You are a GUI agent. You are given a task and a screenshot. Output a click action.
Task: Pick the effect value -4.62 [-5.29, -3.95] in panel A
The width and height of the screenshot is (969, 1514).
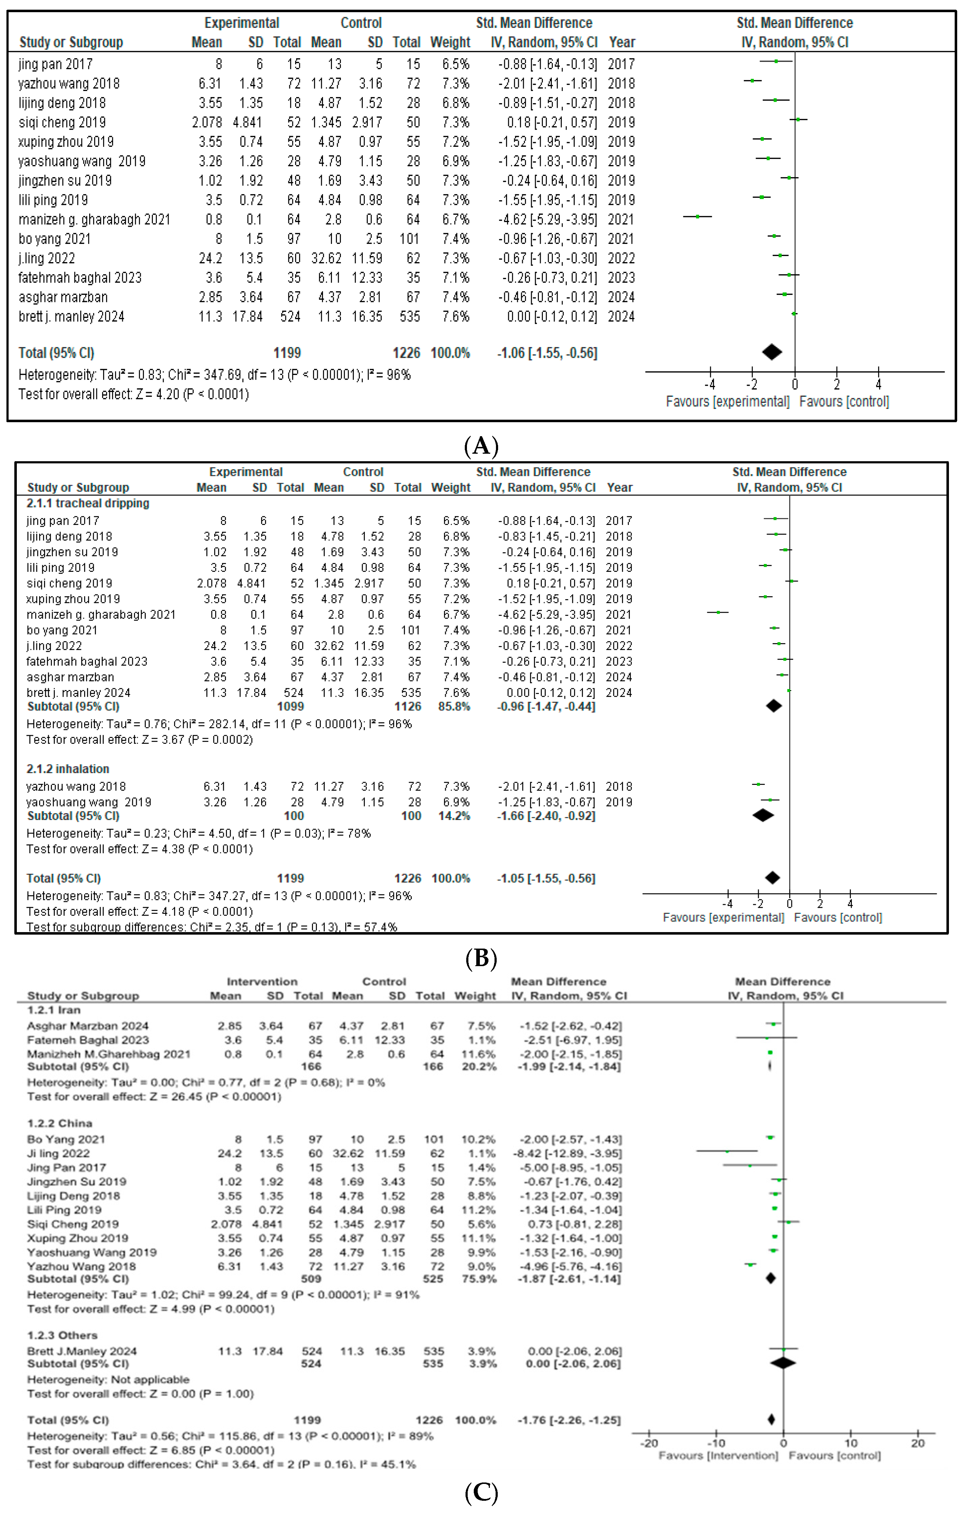click(548, 220)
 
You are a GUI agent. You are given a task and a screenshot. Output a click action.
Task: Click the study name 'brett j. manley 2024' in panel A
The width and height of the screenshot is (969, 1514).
click(71, 317)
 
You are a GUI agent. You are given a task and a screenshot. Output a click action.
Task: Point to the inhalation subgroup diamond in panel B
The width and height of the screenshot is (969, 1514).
click(763, 815)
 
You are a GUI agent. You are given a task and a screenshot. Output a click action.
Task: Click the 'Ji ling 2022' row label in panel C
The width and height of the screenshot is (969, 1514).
click(58, 1153)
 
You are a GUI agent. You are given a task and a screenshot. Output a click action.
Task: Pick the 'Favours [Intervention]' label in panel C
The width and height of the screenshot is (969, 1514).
click(718, 1456)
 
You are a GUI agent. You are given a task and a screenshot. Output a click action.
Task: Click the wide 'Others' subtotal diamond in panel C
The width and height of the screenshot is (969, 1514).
click(783, 1364)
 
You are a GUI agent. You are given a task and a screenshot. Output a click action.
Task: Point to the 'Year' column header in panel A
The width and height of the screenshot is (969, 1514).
click(622, 42)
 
